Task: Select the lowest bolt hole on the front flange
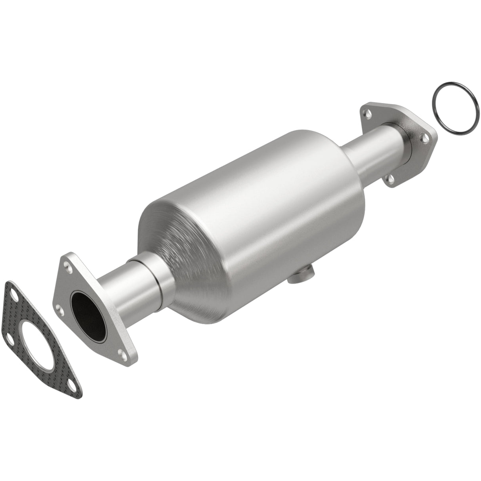(x=121, y=352)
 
